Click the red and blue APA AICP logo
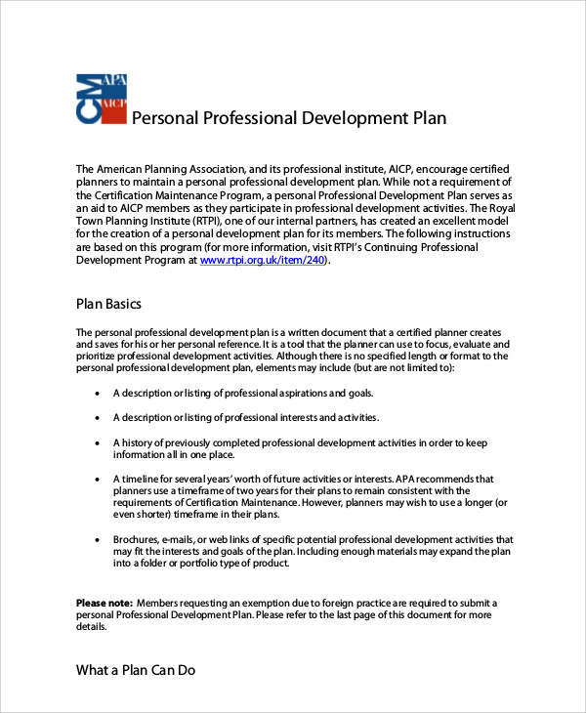click(x=102, y=98)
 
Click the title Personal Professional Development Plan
click(x=288, y=118)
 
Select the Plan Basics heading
click(x=108, y=304)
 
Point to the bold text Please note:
click(x=104, y=603)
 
